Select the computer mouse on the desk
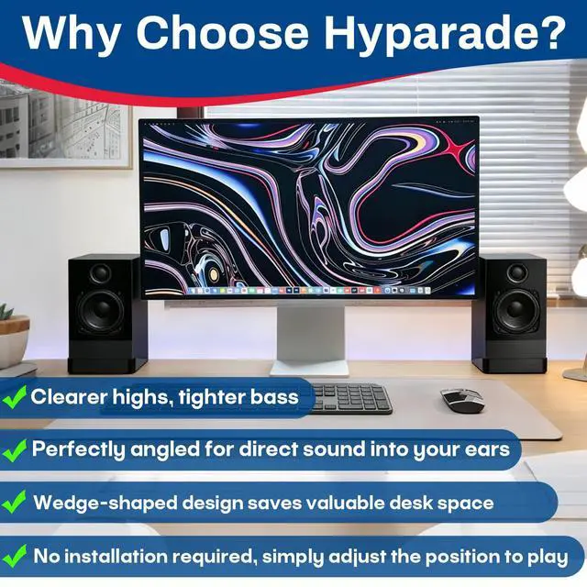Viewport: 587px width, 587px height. (x=462, y=400)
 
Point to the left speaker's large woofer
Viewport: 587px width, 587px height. (x=101, y=309)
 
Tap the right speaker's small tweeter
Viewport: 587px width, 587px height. (x=517, y=272)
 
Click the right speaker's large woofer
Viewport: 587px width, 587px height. (x=517, y=310)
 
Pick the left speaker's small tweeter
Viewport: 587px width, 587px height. (x=100, y=272)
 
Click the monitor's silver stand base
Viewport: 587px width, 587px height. (x=309, y=369)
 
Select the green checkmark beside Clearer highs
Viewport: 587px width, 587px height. (x=15, y=397)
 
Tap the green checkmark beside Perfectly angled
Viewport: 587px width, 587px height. (x=15, y=450)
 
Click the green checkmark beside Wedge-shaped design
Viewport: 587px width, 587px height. (x=15, y=502)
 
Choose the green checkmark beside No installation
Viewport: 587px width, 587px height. (x=15, y=557)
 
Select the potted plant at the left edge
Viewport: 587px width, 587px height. (x=12, y=337)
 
